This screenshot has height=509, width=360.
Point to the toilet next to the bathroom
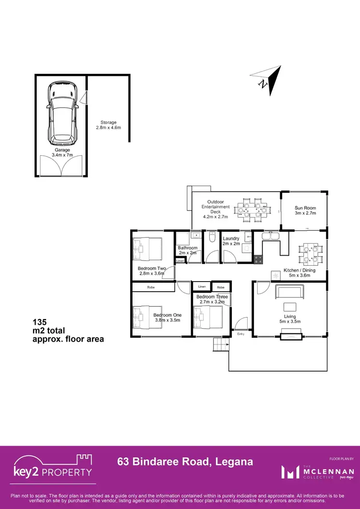[212, 238]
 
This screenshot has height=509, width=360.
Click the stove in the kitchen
[258, 259]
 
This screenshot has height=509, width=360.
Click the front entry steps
[221, 344]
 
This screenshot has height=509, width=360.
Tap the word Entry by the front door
[240, 334]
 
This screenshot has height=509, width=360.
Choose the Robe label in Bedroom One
[151, 287]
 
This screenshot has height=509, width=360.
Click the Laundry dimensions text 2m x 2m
[231, 244]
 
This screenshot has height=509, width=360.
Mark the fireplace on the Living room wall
[290, 335]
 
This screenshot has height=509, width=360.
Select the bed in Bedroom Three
[208, 317]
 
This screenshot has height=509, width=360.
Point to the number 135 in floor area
[40, 322]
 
